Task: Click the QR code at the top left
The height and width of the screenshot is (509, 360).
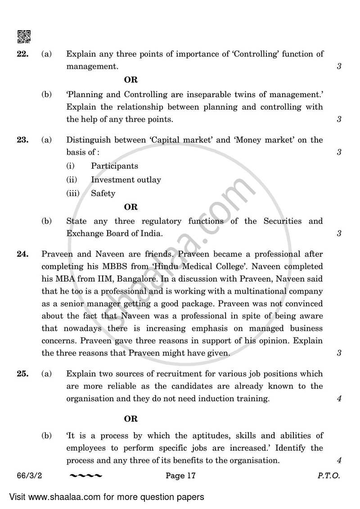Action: point(23,36)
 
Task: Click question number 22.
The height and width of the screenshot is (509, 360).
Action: point(22,54)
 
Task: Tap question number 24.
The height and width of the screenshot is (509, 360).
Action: point(22,254)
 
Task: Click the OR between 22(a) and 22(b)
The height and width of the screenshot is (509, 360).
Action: point(130,80)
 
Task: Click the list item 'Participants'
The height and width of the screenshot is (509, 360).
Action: point(114,166)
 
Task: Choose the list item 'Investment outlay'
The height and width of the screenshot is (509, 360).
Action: point(126,180)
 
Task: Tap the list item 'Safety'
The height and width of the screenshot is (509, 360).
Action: point(103,194)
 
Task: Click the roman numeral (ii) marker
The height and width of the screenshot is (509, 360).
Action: point(72,180)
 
